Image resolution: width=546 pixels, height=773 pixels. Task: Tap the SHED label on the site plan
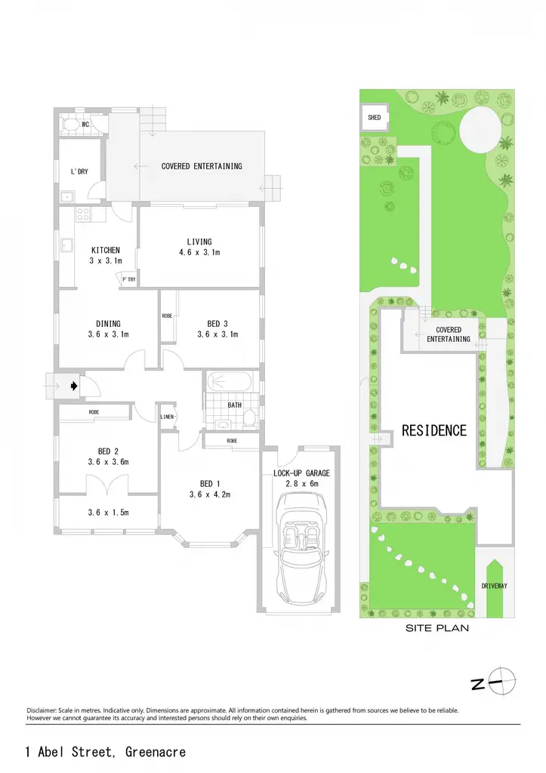pos(375,117)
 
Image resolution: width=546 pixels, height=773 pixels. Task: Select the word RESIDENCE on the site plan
pos(434,430)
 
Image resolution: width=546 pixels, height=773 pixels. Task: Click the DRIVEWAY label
pos(494,586)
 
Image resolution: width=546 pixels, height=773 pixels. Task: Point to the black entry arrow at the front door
pos(74,386)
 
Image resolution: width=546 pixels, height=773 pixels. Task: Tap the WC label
pos(85,125)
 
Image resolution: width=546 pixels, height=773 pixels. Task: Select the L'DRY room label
pos(79,171)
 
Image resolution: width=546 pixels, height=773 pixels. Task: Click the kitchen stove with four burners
pos(82,214)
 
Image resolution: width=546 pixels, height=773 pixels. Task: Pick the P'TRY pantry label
pos(129,279)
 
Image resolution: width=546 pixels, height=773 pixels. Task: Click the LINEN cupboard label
pos(167,417)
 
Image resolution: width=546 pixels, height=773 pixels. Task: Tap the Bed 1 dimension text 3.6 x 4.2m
pos(210,494)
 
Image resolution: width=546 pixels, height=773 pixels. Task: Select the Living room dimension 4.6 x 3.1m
pos(199,252)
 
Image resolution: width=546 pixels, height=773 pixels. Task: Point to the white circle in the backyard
pos(480,130)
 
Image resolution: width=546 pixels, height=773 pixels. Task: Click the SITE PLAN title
pos(437,628)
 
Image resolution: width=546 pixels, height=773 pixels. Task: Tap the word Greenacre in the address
pos(156,752)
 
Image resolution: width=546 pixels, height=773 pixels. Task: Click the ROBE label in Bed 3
pos(167,316)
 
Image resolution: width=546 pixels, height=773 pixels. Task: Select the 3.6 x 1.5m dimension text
pos(109,513)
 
